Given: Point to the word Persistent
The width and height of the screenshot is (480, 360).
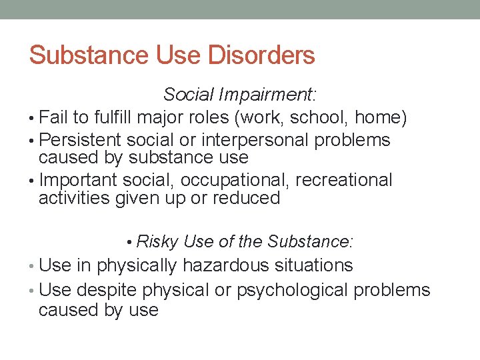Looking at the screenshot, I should pyautogui.click(x=80, y=141).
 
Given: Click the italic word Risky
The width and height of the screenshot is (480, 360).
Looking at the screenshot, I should pyautogui.click(x=157, y=241).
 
